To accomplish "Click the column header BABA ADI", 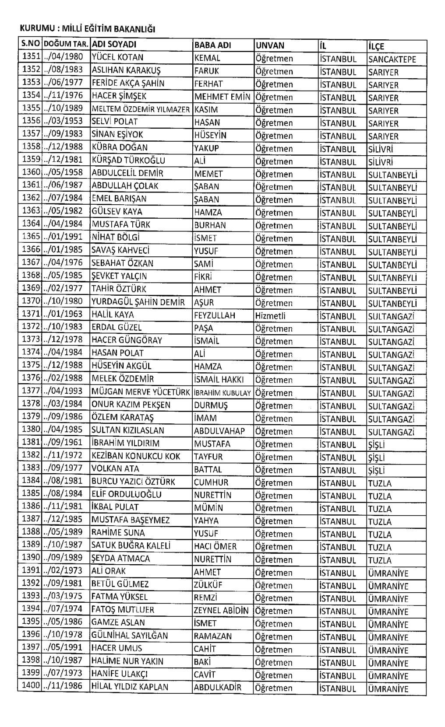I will point(212,45).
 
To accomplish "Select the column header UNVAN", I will point(270,45).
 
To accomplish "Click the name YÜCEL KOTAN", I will point(117,57).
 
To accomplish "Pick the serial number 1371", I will point(31,315).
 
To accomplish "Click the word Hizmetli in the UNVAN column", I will point(270,315).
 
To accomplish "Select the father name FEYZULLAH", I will point(215,315).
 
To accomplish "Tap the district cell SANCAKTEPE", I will point(392,59).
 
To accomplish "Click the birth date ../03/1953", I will point(64,121).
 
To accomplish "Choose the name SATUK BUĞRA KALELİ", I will point(131,545).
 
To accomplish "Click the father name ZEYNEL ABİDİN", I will point(221,610).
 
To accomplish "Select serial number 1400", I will point(31,685).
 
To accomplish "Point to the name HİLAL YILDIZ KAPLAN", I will point(130,687).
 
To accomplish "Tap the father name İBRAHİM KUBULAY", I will point(222,393).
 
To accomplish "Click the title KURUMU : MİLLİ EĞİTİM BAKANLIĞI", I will point(88,29).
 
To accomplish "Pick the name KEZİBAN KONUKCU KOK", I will point(136,456).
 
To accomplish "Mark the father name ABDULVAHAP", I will point(219,431).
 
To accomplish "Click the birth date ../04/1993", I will point(64,391).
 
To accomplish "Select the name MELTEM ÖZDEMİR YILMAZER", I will point(141,109).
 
